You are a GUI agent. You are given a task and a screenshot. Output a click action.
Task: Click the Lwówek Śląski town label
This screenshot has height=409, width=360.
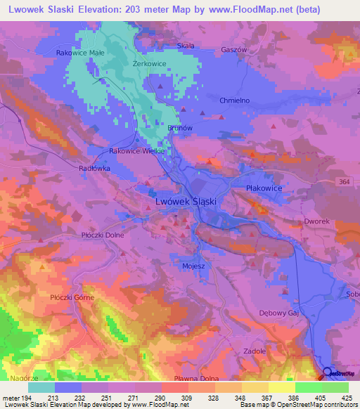tap(186, 201)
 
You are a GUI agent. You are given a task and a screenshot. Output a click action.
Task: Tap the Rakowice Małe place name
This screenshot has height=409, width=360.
tap(81, 53)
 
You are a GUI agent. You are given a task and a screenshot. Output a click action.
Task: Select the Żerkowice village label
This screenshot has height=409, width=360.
tap(147, 63)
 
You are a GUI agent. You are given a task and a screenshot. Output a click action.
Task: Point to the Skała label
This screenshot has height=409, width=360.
tap(186, 46)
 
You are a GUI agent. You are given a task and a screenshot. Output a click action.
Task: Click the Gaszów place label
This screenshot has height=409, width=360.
tap(234, 50)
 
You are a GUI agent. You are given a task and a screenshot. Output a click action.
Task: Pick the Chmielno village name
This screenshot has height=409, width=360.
tap(235, 100)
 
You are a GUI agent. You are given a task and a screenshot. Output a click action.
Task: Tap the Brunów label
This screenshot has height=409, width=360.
tap(181, 128)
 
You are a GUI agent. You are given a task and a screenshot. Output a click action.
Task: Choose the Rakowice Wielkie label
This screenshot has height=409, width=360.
tap(137, 151)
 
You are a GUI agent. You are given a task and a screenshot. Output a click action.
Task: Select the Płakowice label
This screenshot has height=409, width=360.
tap(265, 188)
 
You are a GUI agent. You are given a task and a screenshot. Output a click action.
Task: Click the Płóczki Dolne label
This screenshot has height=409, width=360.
tap(103, 235)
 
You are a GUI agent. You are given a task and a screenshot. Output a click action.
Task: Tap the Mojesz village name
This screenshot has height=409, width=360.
tap(193, 266)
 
